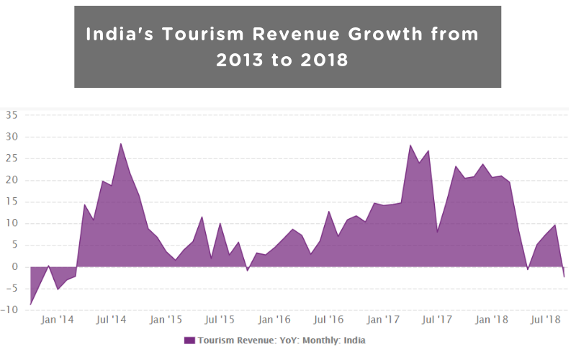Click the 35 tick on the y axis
[12, 114]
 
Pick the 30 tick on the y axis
[12, 137]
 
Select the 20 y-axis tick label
[12, 180]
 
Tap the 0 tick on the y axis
[15, 266]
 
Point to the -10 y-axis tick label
[11, 310]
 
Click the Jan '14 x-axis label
[57, 319]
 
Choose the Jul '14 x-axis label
[112, 319]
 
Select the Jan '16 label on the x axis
[274, 319]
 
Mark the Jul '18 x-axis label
[546, 319]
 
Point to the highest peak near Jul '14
[121, 143]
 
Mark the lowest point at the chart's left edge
[30, 305]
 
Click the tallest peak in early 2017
[410, 145]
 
